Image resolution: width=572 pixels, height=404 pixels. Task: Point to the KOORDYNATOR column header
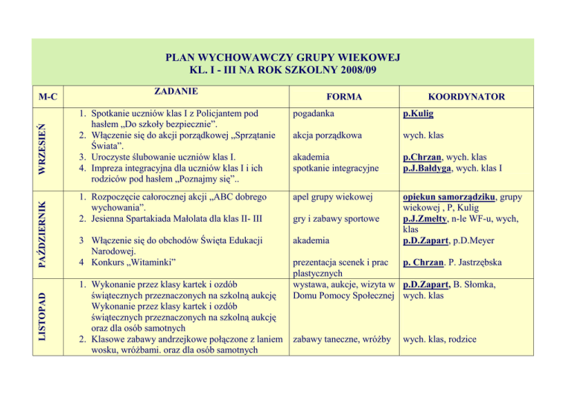466,97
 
